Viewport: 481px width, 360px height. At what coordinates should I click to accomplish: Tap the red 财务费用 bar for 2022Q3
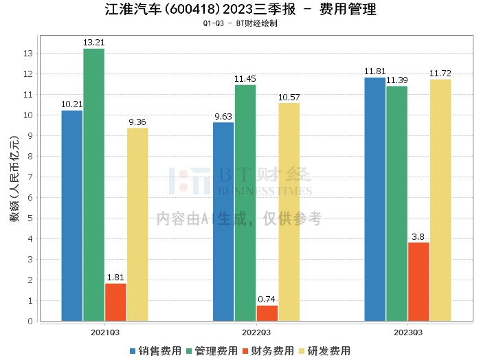(x=267, y=313)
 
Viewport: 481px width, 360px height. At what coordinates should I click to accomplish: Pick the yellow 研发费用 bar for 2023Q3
(x=440, y=200)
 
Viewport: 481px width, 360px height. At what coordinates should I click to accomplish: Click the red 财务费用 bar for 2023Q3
(x=418, y=282)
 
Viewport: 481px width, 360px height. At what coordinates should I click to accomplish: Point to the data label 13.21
(x=94, y=43)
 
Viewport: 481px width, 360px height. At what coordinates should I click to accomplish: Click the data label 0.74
(x=267, y=300)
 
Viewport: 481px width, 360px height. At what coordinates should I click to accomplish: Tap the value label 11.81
(x=374, y=71)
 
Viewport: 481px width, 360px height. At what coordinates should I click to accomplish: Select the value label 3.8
(x=418, y=236)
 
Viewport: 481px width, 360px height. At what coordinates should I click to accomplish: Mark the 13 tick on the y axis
(x=29, y=54)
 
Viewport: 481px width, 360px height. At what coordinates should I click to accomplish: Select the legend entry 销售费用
(x=155, y=350)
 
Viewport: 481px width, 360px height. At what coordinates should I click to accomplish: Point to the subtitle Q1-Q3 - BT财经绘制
(x=240, y=23)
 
